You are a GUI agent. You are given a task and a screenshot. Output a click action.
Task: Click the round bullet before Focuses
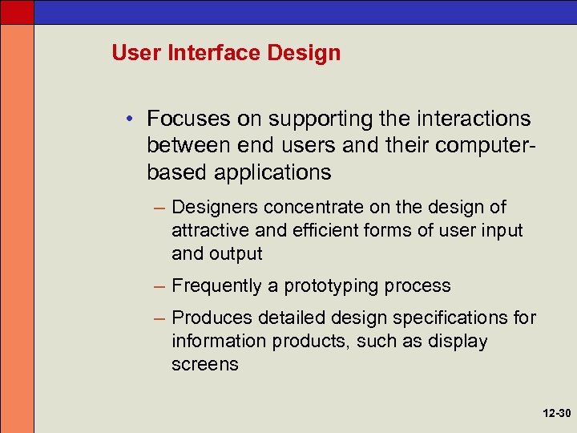click(129, 119)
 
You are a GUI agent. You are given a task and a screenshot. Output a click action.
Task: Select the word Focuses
click(188, 119)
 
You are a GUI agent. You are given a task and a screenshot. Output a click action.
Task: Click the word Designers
click(215, 208)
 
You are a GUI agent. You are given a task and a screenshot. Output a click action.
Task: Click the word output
click(236, 254)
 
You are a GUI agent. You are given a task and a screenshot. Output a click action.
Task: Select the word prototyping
click(332, 286)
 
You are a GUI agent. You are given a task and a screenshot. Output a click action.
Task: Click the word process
click(418, 286)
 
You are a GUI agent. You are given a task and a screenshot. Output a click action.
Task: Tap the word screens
click(204, 364)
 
